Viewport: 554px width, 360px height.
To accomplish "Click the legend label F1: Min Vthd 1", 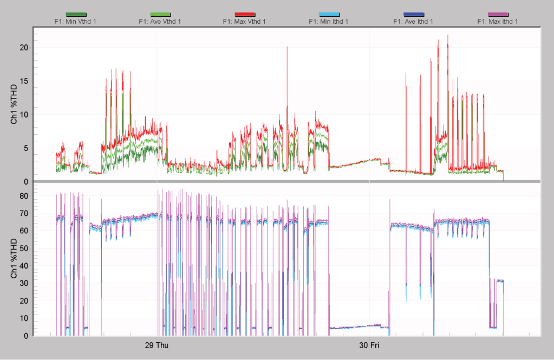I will [75, 22].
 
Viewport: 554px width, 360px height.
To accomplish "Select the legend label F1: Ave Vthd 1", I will [160, 22].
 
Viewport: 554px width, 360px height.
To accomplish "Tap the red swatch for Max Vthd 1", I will [244, 15].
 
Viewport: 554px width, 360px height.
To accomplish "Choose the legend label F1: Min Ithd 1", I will [329, 22].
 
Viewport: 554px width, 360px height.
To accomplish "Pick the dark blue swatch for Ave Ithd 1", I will [413, 15].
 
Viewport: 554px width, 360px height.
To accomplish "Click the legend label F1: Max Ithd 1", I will [498, 22].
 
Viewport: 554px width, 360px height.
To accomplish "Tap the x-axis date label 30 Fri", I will [369, 345].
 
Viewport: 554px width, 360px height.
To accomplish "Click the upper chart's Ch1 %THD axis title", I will [15, 104].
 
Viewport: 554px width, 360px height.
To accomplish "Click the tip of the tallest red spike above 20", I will [448, 35].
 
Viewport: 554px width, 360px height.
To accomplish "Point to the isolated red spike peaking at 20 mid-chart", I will [287, 47].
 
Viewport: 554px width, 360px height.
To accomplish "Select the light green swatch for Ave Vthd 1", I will [160, 15].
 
